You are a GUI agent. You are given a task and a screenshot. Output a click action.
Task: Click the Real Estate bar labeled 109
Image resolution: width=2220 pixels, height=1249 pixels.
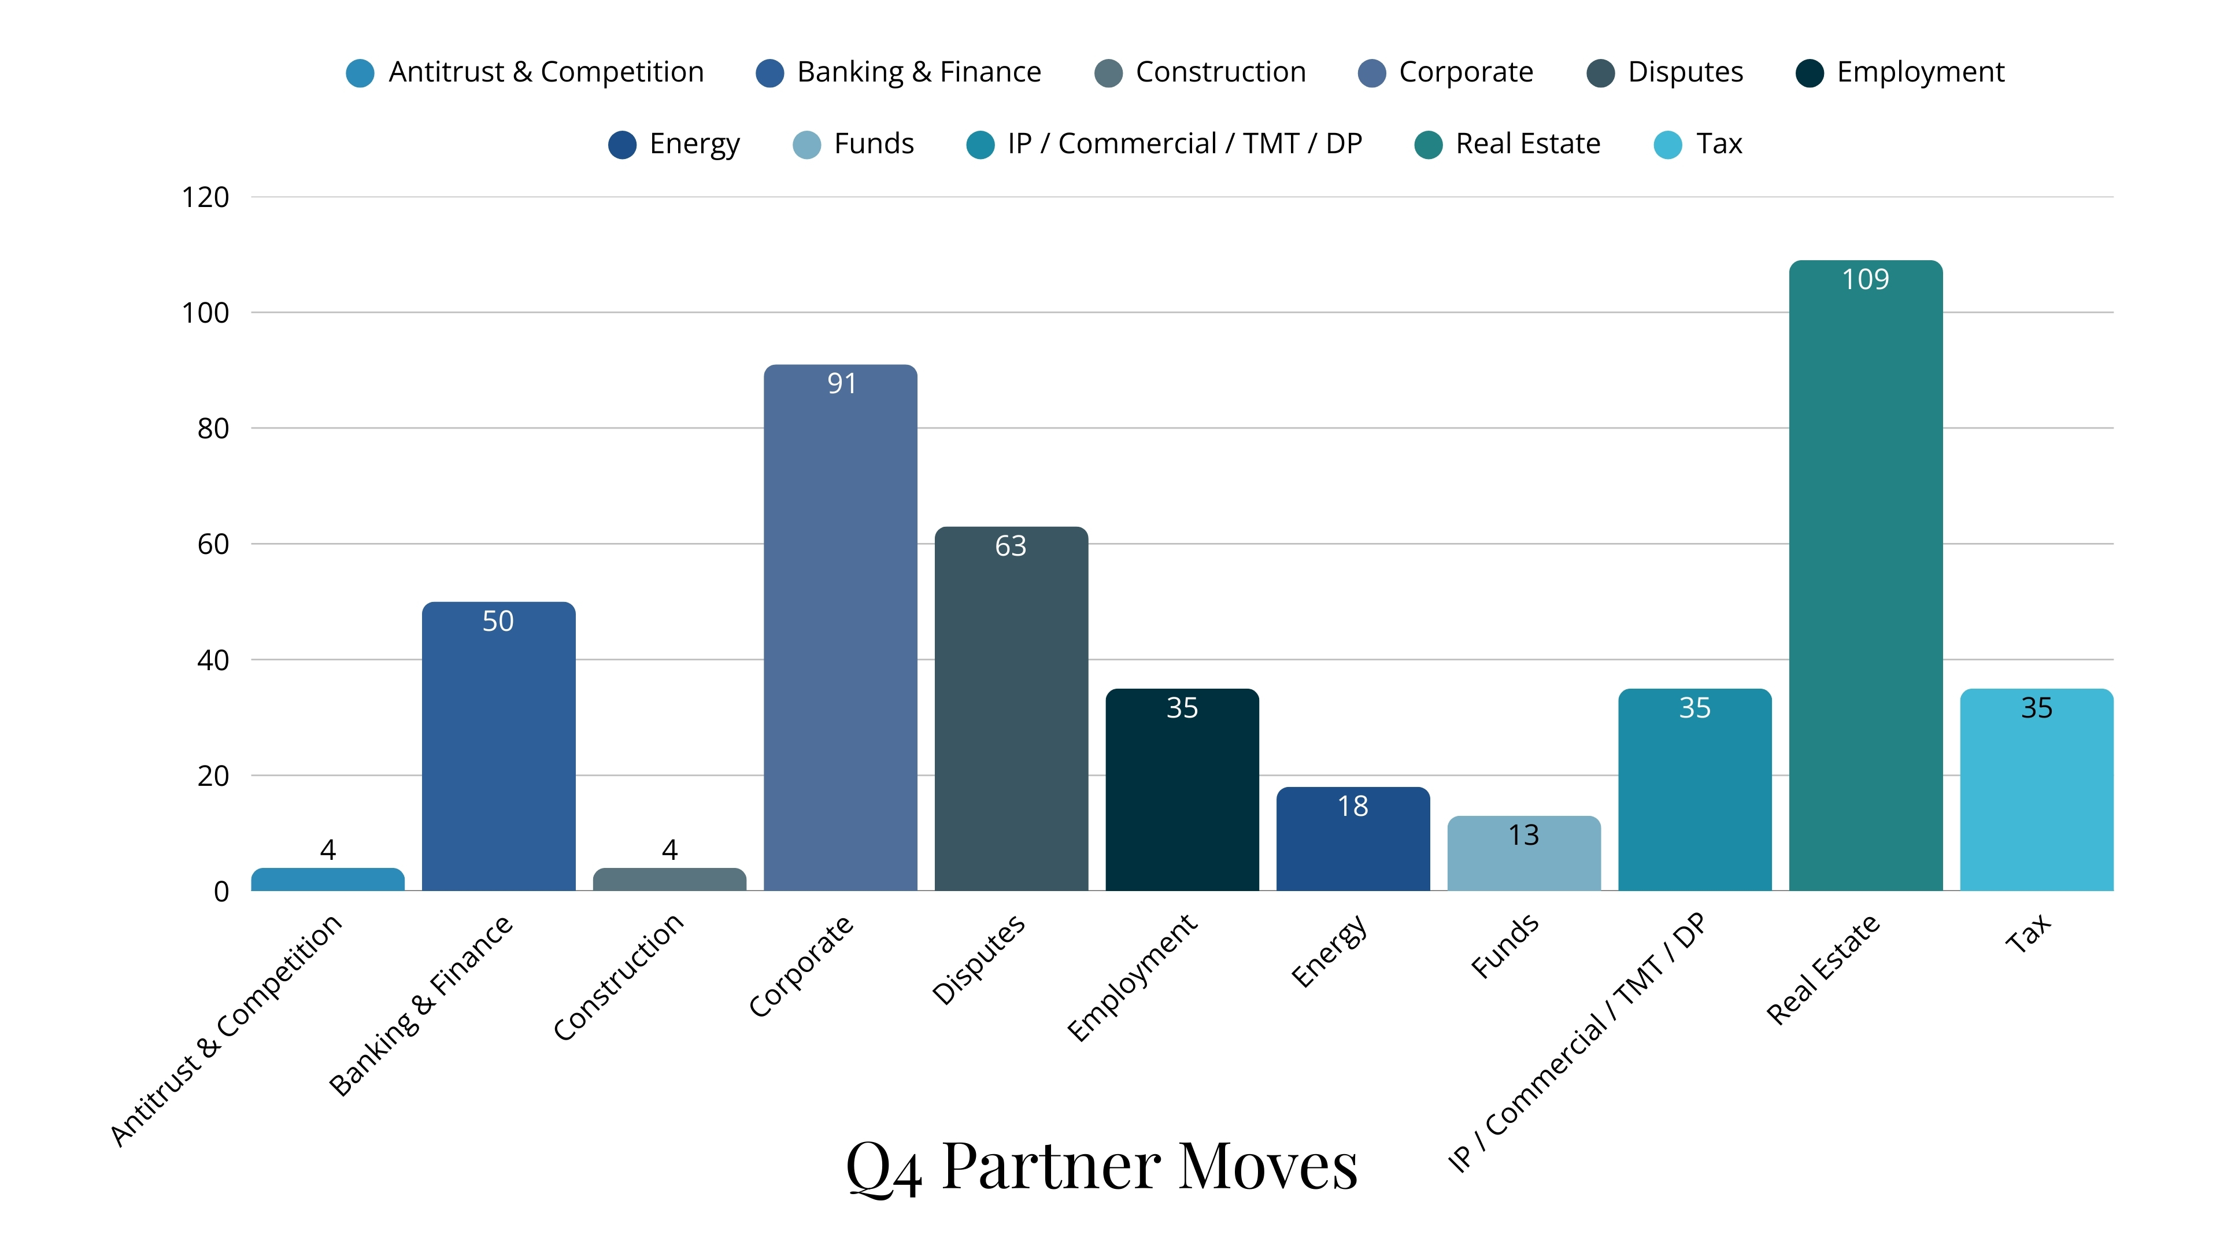[1865, 578]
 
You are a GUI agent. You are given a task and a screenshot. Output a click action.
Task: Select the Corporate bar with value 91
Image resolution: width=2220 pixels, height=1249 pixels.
[840, 629]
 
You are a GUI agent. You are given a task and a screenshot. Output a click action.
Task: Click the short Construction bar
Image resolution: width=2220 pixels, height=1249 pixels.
[669, 879]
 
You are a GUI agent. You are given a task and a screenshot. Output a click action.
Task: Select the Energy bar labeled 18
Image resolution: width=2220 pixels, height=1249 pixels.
[1353, 840]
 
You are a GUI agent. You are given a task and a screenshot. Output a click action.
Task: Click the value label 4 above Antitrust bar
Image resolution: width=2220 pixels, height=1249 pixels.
[327, 850]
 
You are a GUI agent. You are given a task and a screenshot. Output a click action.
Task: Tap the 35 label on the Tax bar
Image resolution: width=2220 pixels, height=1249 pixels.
[2036, 708]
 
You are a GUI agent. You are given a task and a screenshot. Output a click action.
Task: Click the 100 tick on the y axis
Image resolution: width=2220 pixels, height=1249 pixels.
[205, 313]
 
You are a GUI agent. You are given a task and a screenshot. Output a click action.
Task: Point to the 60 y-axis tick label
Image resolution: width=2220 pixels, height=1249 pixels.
[213, 545]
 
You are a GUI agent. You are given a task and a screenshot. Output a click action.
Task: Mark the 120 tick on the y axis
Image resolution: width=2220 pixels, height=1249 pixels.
[205, 197]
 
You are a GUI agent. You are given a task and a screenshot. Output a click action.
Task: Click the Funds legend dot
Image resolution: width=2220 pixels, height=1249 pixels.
[806, 145]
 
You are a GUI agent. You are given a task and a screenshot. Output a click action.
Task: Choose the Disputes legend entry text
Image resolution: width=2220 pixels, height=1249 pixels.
[1685, 72]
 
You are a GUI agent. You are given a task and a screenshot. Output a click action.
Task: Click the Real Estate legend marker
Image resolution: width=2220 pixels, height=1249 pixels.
[1428, 145]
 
